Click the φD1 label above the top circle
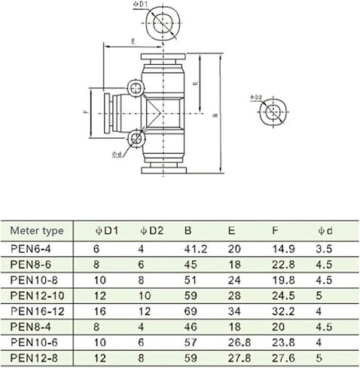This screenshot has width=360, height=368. (x=141, y=5)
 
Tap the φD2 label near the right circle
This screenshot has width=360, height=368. (x=256, y=97)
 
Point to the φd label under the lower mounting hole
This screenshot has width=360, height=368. (x=117, y=154)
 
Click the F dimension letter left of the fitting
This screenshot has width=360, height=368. (x=86, y=111)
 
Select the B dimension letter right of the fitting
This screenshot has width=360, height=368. (x=215, y=115)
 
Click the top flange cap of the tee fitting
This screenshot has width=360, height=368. (x=163, y=57)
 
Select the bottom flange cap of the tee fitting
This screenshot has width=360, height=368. (x=163, y=170)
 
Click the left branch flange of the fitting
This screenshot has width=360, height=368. (x=107, y=113)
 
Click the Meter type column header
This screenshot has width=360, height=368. (x=37, y=231)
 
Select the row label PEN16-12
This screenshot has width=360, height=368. (x=38, y=311)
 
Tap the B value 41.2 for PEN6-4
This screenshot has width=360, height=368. (x=196, y=249)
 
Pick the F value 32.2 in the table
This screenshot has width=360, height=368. (x=283, y=311)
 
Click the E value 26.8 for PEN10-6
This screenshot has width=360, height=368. (x=239, y=342)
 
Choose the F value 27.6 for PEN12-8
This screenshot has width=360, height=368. (x=283, y=358)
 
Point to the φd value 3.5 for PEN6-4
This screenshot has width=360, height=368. (x=324, y=249)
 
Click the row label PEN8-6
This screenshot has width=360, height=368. (x=31, y=265)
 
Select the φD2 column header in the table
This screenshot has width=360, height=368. (x=152, y=231)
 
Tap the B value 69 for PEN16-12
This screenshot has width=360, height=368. (x=191, y=311)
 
